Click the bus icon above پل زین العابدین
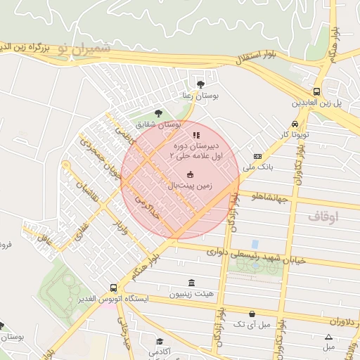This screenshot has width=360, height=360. click(316, 91)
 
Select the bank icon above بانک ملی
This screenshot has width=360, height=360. click(257, 156)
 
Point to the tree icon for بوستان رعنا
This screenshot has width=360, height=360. click(201, 84)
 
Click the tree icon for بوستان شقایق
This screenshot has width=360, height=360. click(158, 112)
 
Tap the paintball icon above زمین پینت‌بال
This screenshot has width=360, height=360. click(189, 174)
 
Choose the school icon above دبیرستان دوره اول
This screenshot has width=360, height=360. click(196, 135)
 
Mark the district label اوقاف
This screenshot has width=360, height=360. click(323, 217)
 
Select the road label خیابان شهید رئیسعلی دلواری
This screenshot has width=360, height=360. click(257, 255)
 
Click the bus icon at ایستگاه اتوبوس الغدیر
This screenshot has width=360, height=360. click(114, 288)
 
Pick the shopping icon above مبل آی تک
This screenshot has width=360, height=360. click(252, 314)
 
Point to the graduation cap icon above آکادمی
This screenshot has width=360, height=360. click(160, 342)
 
